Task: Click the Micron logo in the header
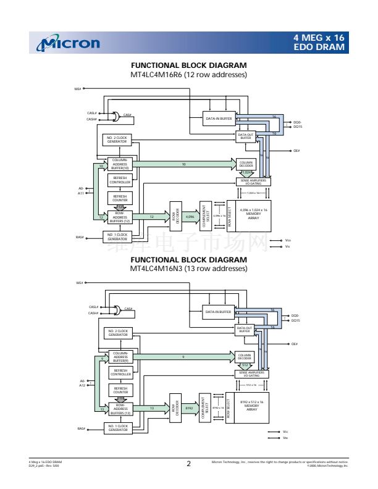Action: pyautogui.click(x=70, y=43)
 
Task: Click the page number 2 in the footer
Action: pyautogui.click(x=188, y=463)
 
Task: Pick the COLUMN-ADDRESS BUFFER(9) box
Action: pyautogui.click(x=120, y=357)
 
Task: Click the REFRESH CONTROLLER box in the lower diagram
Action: pyautogui.click(x=120, y=372)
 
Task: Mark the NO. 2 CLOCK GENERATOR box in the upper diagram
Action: pyautogui.click(x=117, y=140)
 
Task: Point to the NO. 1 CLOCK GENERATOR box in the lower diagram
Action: pyautogui.click(x=117, y=428)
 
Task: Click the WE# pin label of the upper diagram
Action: pyautogui.click(x=78, y=89)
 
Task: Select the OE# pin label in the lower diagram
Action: pyautogui.click(x=296, y=344)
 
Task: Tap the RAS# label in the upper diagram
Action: pyautogui.click(x=80, y=236)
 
